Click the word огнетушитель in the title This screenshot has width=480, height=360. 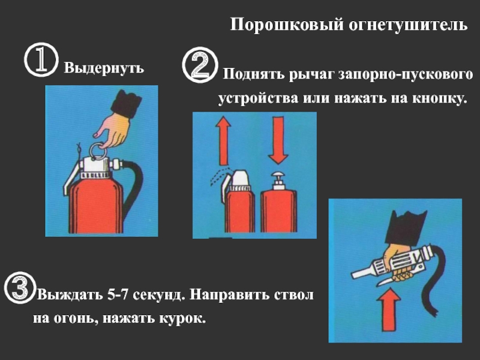coord(408,25)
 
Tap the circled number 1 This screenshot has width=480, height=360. coord(41,59)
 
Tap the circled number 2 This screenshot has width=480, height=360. coord(200,65)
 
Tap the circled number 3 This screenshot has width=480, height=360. coord(20,288)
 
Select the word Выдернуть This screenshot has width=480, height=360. coord(104,68)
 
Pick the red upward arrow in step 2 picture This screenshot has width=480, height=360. coord(223,141)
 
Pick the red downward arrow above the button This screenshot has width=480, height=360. coord(278,140)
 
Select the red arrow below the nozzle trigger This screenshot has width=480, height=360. coord(388,310)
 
